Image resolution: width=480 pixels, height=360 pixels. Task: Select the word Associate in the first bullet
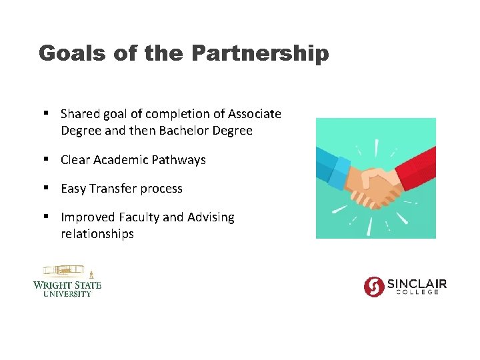254,114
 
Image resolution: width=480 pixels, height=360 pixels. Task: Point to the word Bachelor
183,131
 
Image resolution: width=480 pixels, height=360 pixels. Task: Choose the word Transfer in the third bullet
118,189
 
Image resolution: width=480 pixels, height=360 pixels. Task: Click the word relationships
97,234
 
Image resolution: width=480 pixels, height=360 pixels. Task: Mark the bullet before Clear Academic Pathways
45,160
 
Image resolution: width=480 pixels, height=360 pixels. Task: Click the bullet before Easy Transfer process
45,189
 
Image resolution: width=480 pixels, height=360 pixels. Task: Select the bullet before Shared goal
45,114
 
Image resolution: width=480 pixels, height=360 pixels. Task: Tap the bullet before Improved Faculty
45,217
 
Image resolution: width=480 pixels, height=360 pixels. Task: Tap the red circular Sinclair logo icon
374,286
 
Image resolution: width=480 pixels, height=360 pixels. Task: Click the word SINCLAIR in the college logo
417,283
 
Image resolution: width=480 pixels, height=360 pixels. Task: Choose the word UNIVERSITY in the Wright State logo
67,294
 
